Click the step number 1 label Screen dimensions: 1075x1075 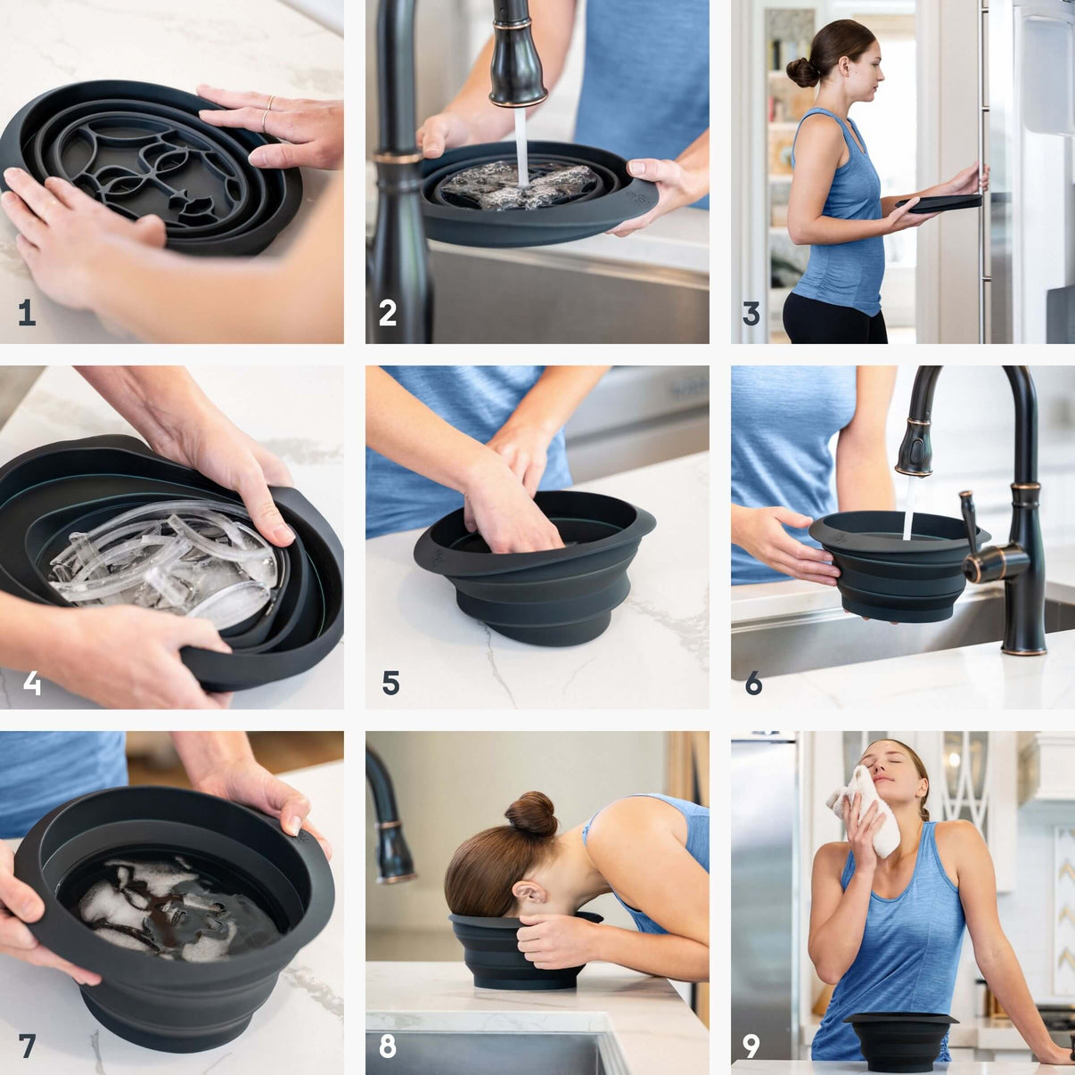pyautogui.click(x=27, y=313)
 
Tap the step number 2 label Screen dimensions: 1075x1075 pyautogui.click(x=388, y=313)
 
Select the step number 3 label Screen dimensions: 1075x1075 pyautogui.click(x=751, y=313)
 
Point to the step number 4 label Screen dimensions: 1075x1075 pyautogui.click(x=32, y=683)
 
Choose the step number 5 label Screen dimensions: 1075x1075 pyautogui.click(x=390, y=683)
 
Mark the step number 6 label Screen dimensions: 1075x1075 pyautogui.click(x=754, y=683)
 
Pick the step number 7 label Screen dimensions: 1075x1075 pyautogui.click(x=27, y=1045)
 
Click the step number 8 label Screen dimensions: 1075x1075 pyautogui.click(x=388, y=1045)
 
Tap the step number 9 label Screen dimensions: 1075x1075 pyautogui.click(x=751, y=1045)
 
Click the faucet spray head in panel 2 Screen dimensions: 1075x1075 pyautogui.click(x=517, y=67)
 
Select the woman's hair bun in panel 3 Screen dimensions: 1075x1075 pyautogui.click(x=803, y=71)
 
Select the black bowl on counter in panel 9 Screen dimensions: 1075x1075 pyautogui.click(x=900, y=1038)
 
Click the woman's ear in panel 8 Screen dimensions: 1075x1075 pyautogui.click(x=528, y=894)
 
